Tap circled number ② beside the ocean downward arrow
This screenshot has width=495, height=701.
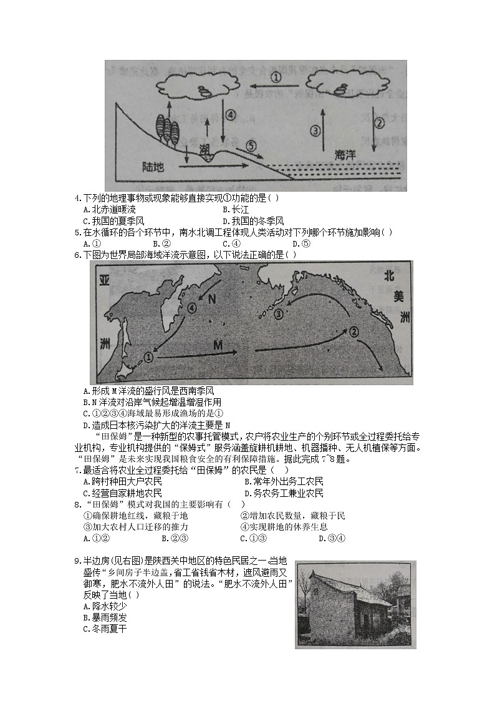(379, 122)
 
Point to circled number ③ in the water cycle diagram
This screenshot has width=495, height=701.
(315, 130)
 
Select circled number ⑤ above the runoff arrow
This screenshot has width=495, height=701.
(251, 145)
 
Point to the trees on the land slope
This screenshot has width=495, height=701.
(169, 130)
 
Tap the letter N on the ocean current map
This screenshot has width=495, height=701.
(212, 299)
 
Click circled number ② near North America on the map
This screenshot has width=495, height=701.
(353, 331)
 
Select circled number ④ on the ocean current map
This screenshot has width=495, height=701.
(192, 307)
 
